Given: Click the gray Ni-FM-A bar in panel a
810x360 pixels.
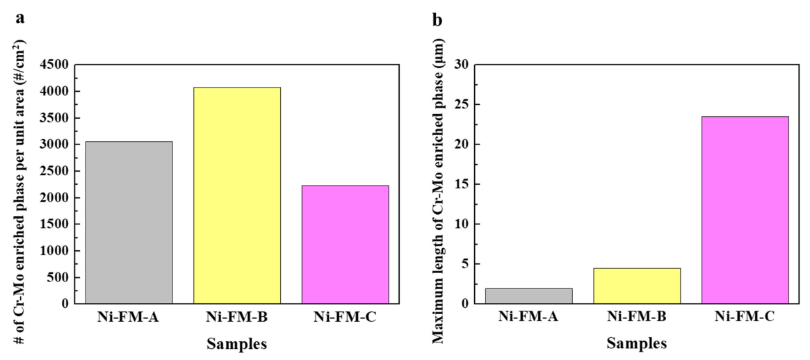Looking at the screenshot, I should [x=129, y=222].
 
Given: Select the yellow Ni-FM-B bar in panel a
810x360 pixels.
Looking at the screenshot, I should [x=237, y=195].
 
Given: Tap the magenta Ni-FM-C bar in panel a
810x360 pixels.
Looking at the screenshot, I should [x=346, y=244].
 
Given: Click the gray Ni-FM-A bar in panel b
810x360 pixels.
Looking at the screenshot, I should [x=529, y=296].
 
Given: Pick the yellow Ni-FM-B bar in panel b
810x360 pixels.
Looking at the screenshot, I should [x=637, y=286].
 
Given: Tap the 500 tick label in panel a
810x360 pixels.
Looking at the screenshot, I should [x=58, y=277].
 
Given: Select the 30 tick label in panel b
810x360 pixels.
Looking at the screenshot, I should [x=461, y=65].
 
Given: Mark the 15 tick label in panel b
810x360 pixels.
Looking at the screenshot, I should [x=461, y=184].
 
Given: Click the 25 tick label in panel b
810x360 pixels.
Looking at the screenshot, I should [x=461, y=104].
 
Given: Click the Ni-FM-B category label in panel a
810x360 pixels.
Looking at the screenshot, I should [x=237, y=319].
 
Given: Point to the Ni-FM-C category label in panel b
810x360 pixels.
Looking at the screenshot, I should [x=745, y=319].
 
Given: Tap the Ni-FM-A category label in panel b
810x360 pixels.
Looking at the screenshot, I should [x=529, y=319].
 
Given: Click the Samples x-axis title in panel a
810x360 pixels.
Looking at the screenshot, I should [x=237, y=343].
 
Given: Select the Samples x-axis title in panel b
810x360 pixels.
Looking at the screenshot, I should [x=637, y=343].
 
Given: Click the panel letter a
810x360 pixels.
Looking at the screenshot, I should [x=20, y=18].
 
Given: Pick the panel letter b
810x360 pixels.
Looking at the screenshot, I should [x=437, y=19].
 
